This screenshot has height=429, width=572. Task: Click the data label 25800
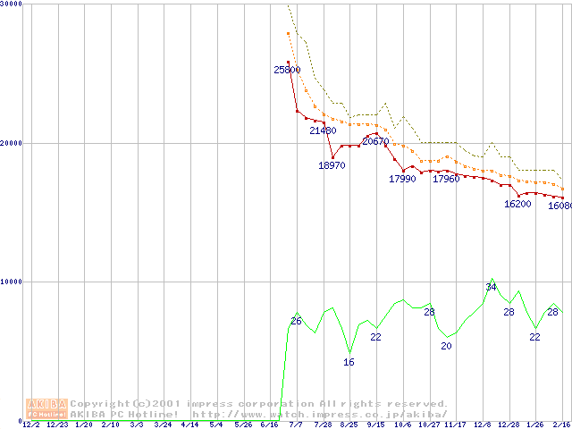[x=288, y=69]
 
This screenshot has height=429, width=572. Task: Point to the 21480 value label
[x=323, y=130]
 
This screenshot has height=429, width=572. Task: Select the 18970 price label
[x=332, y=165]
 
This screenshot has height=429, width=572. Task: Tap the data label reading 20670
[x=375, y=141]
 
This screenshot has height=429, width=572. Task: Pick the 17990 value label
[x=402, y=179]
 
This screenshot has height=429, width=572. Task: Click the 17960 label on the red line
[x=446, y=179]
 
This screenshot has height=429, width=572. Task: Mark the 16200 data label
[x=517, y=204]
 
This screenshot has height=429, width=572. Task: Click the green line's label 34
[x=491, y=286]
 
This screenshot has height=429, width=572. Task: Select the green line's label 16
[x=349, y=362]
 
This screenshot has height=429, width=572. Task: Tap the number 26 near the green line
[x=296, y=321]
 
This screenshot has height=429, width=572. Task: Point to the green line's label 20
[x=447, y=346]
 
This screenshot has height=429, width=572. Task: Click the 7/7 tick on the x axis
[x=296, y=425]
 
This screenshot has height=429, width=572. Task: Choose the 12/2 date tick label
[x=31, y=425]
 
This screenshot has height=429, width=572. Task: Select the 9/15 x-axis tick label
[x=375, y=425]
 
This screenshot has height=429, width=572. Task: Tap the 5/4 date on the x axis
[x=215, y=425]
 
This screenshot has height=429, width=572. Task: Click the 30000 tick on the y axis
[x=12, y=4]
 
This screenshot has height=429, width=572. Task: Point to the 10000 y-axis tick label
[x=12, y=282]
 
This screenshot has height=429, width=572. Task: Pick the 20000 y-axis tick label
[x=12, y=143]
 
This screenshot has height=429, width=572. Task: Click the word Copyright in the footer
[x=100, y=404]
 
